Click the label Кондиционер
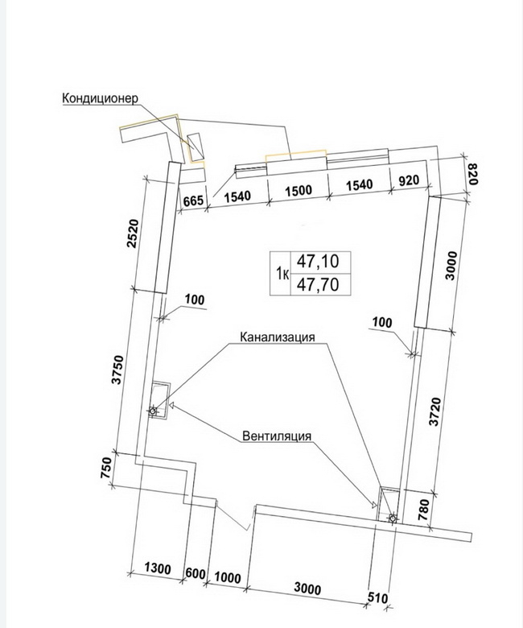click(x=100, y=98)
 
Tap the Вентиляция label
click(x=277, y=436)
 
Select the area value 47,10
click(x=318, y=262)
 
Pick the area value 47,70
click(x=318, y=285)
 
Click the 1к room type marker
click(x=282, y=274)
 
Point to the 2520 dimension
click(x=133, y=233)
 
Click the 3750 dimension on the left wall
click(x=117, y=370)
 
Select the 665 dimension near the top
click(x=193, y=200)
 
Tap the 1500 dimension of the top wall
click(x=299, y=190)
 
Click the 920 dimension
click(x=409, y=180)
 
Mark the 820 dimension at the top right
click(x=472, y=174)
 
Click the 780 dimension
click(x=423, y=510)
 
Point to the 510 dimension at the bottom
click(x=377, y=598)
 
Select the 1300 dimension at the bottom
click(x=157, y=568)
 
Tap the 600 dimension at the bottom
click(x=196, y=574)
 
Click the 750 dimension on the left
click(x=106, y=468)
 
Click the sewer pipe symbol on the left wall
click(x=152, y=411)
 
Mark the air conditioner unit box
click(x=196, y=147)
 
